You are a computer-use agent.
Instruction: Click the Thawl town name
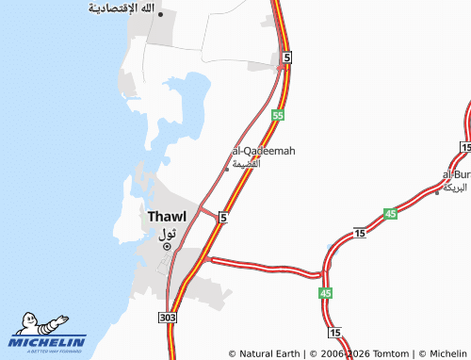167,217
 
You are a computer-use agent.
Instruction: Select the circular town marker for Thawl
168,247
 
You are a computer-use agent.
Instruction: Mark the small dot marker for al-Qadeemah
226,170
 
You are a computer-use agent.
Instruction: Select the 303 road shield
169,318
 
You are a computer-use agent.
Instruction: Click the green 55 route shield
277,115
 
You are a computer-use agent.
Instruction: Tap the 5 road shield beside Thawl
222,218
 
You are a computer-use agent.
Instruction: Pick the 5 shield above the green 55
285,57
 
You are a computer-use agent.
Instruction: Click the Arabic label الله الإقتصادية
122,8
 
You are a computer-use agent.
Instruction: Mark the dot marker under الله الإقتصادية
161,14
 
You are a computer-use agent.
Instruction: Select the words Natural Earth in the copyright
269,354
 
